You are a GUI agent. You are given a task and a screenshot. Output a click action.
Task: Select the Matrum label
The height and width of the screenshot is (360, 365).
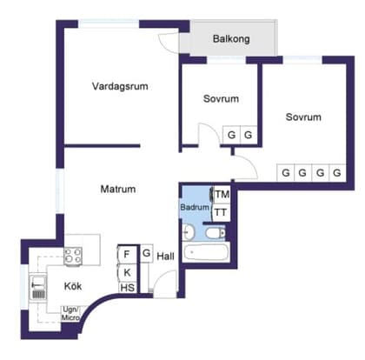117,189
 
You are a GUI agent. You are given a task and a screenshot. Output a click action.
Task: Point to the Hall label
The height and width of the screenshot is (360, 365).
166,256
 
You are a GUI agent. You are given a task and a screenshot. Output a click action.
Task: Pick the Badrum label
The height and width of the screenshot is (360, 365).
195,208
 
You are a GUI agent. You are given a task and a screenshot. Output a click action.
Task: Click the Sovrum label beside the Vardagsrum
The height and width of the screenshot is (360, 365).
221,100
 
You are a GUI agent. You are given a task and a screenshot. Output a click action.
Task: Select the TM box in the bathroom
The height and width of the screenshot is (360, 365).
222,194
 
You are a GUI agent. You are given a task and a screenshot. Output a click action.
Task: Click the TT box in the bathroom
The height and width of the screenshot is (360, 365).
222,212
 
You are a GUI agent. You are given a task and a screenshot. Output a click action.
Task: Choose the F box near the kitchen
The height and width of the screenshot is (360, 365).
128,254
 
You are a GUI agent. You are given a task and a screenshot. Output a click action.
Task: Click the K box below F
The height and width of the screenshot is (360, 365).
128,271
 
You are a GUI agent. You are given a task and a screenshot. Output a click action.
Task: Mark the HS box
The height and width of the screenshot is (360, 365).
128,288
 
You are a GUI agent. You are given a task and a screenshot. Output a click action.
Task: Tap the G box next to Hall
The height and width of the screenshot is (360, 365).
147,253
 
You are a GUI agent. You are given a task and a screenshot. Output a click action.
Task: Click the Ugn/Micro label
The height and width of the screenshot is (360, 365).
71,313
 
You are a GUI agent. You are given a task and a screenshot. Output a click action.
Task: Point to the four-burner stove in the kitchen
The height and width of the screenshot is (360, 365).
72,257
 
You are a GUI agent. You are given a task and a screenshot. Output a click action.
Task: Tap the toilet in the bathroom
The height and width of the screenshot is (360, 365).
189,231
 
